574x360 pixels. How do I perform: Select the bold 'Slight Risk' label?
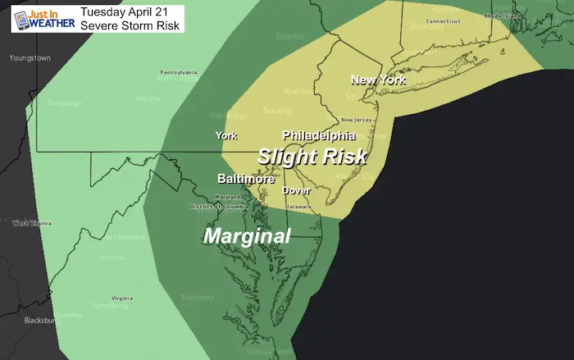(x=312, y=155)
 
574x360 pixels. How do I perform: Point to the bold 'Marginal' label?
(x=247, y=236)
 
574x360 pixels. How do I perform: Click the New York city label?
(x=378, y=80)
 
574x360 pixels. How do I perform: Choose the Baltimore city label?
(x=246, y=178)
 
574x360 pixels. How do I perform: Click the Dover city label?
(x=296, y=190)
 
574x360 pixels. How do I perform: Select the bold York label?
(x=225, y=135)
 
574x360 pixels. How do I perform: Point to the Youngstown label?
(x=30, y=58)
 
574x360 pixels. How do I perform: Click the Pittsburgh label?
(x=62, y=103)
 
